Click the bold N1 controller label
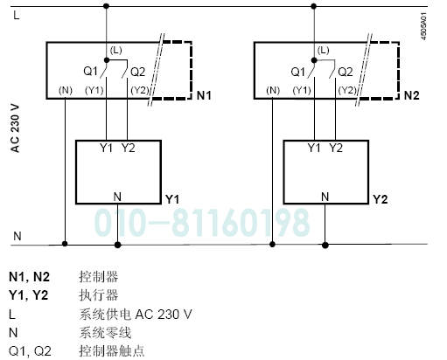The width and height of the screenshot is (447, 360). click(x=204, y=95)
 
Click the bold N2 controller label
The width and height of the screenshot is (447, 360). click(x=411, y=95)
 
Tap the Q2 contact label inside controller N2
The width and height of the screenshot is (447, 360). click(x=346, y=72)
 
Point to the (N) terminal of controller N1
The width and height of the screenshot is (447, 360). click(x=66, y=90)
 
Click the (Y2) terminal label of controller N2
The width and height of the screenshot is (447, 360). click(x=347, y=90)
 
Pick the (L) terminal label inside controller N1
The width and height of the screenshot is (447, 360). click(x=115, y=50)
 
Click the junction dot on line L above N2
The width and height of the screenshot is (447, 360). click(x=314, y=6)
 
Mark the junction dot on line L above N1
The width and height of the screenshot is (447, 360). click(x=107, y=6)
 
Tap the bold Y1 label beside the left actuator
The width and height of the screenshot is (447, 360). click(x=172, y=199)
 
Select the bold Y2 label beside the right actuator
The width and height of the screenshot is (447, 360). click(x=381, y=199)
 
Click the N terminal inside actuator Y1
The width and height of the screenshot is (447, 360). click(x=117, y=197)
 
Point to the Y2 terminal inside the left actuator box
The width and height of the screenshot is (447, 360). click(x=129, y=148)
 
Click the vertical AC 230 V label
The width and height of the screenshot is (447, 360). click(x=15, y=128)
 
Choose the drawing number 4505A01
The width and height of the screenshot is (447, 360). click(x=423, y=26)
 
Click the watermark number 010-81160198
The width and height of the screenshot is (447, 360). click(x=202, y=223)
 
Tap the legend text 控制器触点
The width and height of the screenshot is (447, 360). click(x=111, y=351)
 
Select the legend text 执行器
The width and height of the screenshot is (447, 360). click(x=99, y=295)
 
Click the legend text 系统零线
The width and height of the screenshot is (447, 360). click(x=105, y=333)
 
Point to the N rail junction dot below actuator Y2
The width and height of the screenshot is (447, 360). click(x=325, y=246)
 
